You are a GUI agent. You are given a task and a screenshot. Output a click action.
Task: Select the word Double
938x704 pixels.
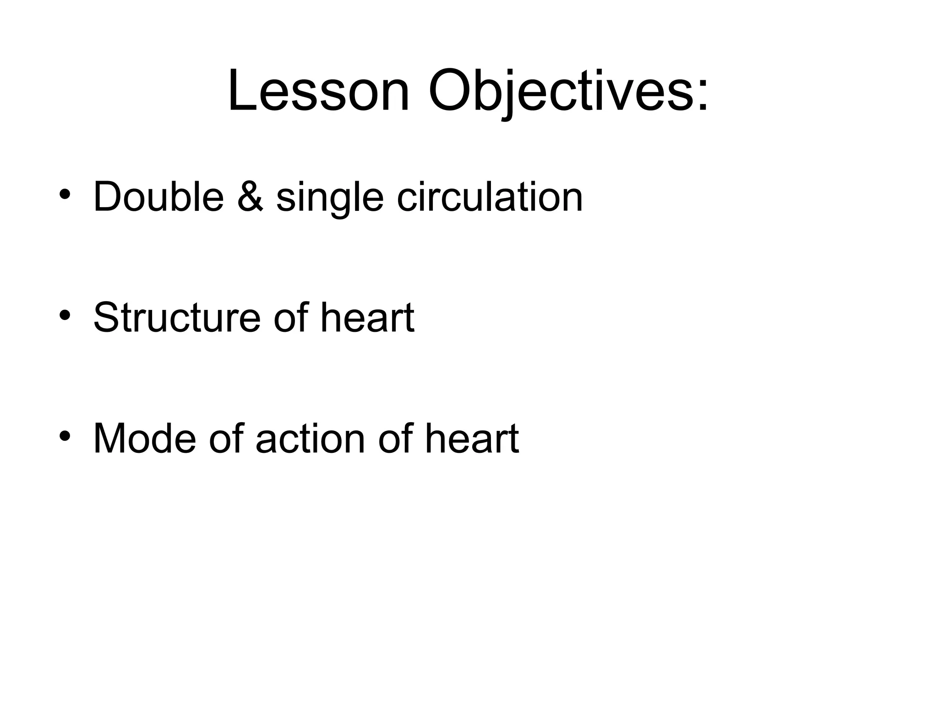click(158, 197)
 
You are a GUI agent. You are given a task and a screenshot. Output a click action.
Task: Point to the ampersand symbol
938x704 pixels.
click(251, 197)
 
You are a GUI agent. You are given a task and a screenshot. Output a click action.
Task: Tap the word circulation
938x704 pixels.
click(490, 197)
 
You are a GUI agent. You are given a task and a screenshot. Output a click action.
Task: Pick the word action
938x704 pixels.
click(311, 439)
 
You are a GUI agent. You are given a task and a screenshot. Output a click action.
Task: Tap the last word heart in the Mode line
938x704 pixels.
click(472, 439)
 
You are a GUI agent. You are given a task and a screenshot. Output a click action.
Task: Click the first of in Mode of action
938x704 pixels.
click(226, 439)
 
